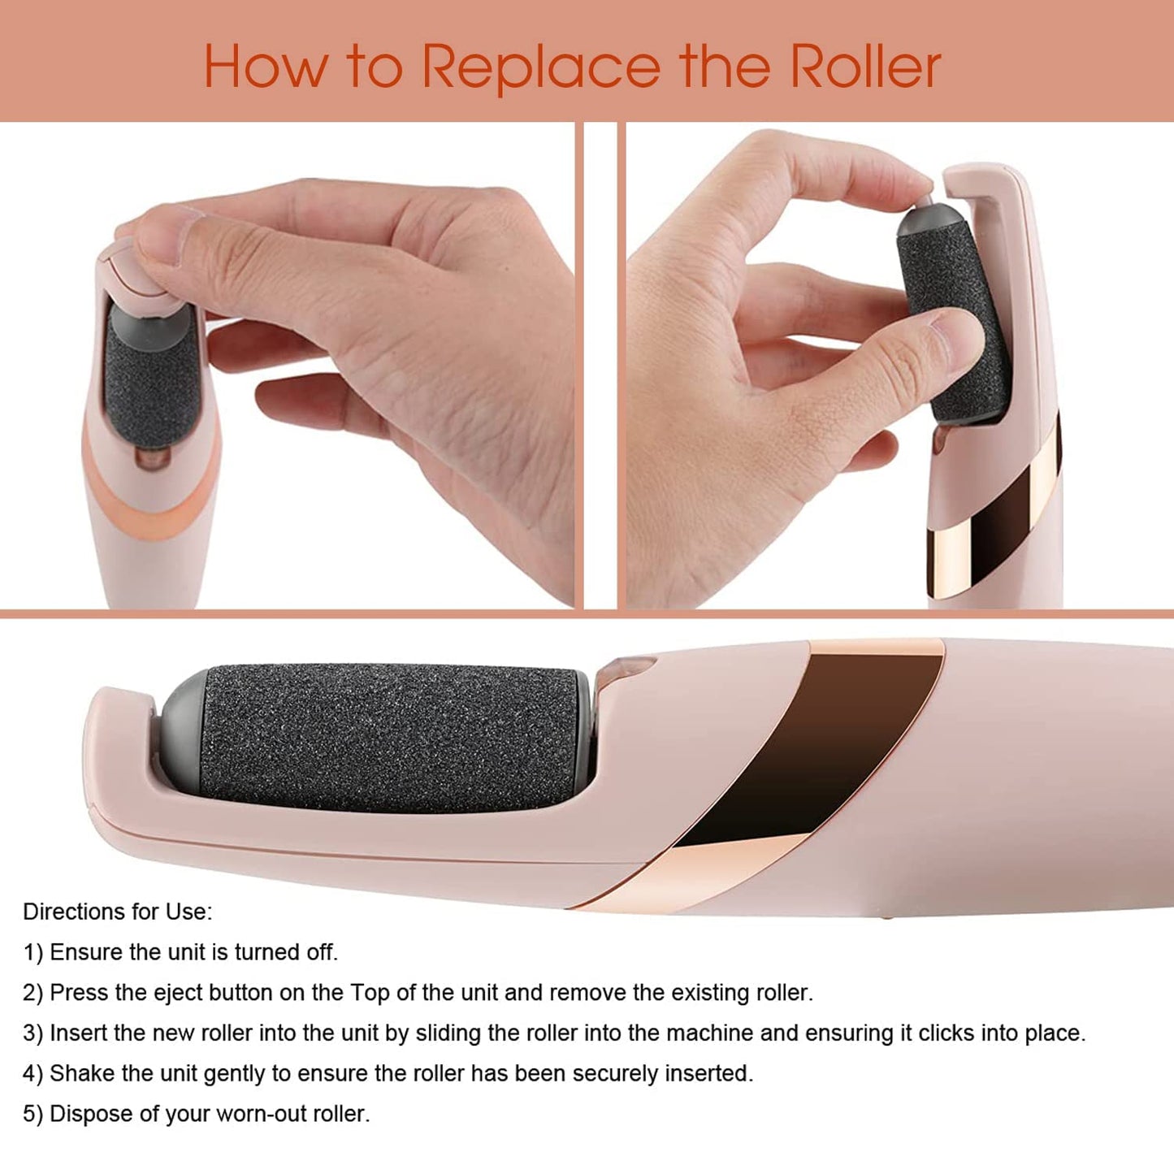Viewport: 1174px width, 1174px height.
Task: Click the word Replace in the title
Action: coord(541,67)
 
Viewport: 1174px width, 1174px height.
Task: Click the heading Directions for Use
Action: coord(117,912)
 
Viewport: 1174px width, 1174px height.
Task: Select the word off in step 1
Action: coord(321,952)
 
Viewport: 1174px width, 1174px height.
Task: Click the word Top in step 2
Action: coord(370,993)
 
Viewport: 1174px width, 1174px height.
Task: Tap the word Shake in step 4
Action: coord(82,1074)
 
